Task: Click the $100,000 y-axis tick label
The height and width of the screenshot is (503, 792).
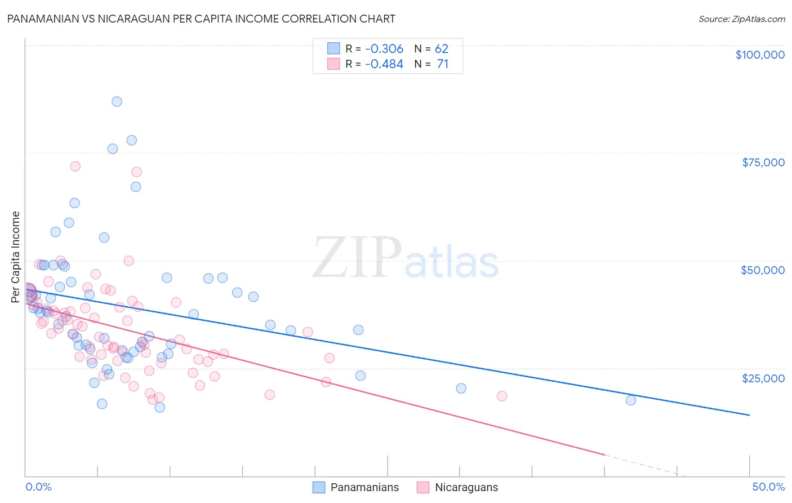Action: (x=760, y=55)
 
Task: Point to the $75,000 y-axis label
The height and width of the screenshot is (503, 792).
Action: (x=763, y=162)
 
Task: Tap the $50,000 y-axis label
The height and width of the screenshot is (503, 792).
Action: (x=763, y=270)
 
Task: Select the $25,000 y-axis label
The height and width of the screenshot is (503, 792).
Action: (x=763, y=378)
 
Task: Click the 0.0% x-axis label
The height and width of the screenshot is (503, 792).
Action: (x=38, y=487)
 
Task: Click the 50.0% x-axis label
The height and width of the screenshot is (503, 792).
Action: (x=768, y=487)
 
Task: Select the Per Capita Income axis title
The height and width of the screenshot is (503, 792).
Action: (x=16, y=257)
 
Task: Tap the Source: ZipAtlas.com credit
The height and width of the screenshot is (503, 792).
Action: (x=741, y=19)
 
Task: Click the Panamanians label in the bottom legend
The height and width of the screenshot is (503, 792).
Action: (x=364, y=487)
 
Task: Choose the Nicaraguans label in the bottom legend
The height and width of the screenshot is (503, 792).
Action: (x=466, y=487)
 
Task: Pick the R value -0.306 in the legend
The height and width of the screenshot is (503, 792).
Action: (x=384, y=48)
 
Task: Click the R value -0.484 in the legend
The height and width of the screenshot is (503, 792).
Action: (x=384, y=64)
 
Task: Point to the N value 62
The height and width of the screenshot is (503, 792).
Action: (x=441, y=48)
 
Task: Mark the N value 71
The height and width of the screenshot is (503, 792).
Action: (x=442, y=64)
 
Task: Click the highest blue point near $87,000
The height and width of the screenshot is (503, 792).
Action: (x=117, y=102)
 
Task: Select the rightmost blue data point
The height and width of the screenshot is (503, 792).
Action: (x=631, y=400)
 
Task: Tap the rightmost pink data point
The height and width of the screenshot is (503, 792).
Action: (x=502, y=396)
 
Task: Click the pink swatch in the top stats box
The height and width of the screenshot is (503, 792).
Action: (x=333, y=64)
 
